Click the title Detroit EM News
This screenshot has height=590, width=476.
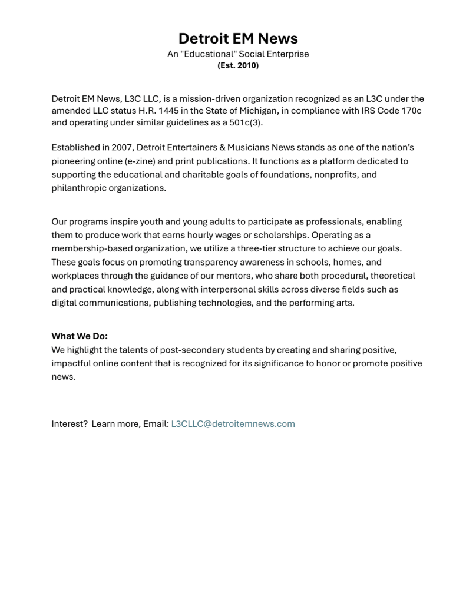(x=238, y=39)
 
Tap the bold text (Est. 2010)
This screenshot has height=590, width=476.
(x=238, y=65)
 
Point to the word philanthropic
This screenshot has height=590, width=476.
(x=78, y=188)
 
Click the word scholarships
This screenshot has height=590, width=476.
(x=280, y=236)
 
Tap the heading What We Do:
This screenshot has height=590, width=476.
(x=80, y=337)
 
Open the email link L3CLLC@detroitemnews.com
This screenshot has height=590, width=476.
(x=233, y=424)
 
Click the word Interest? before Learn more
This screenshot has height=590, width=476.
(x=70, y=424)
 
